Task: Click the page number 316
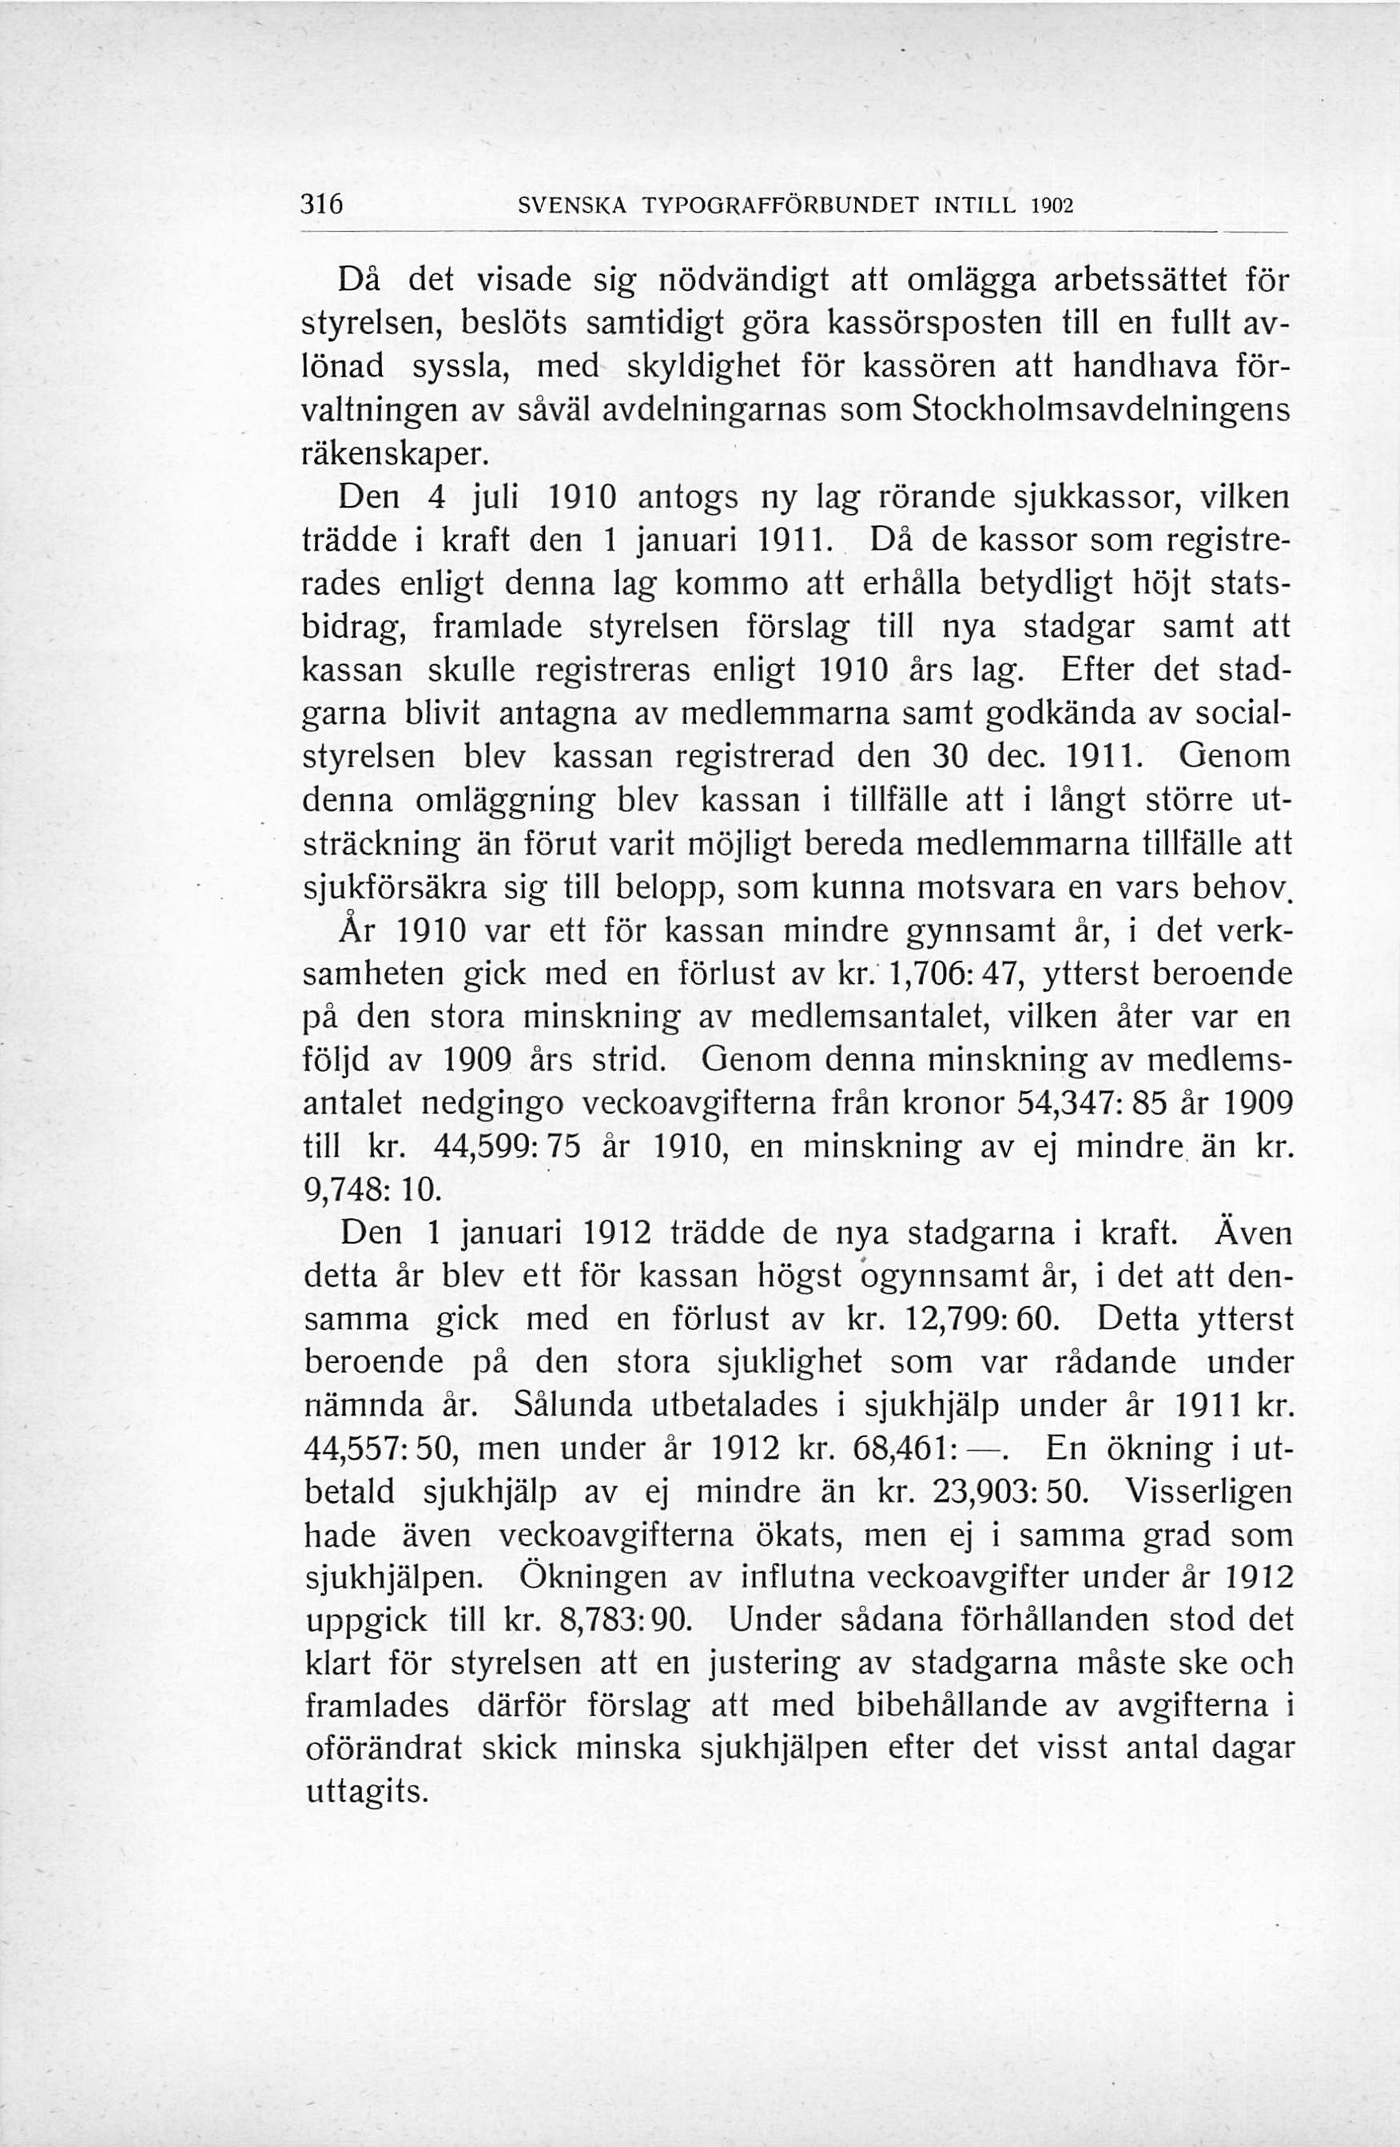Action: tap(321, 205)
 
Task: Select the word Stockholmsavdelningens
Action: tap(1101, 408)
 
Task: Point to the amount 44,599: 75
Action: tap(511, 1146)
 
